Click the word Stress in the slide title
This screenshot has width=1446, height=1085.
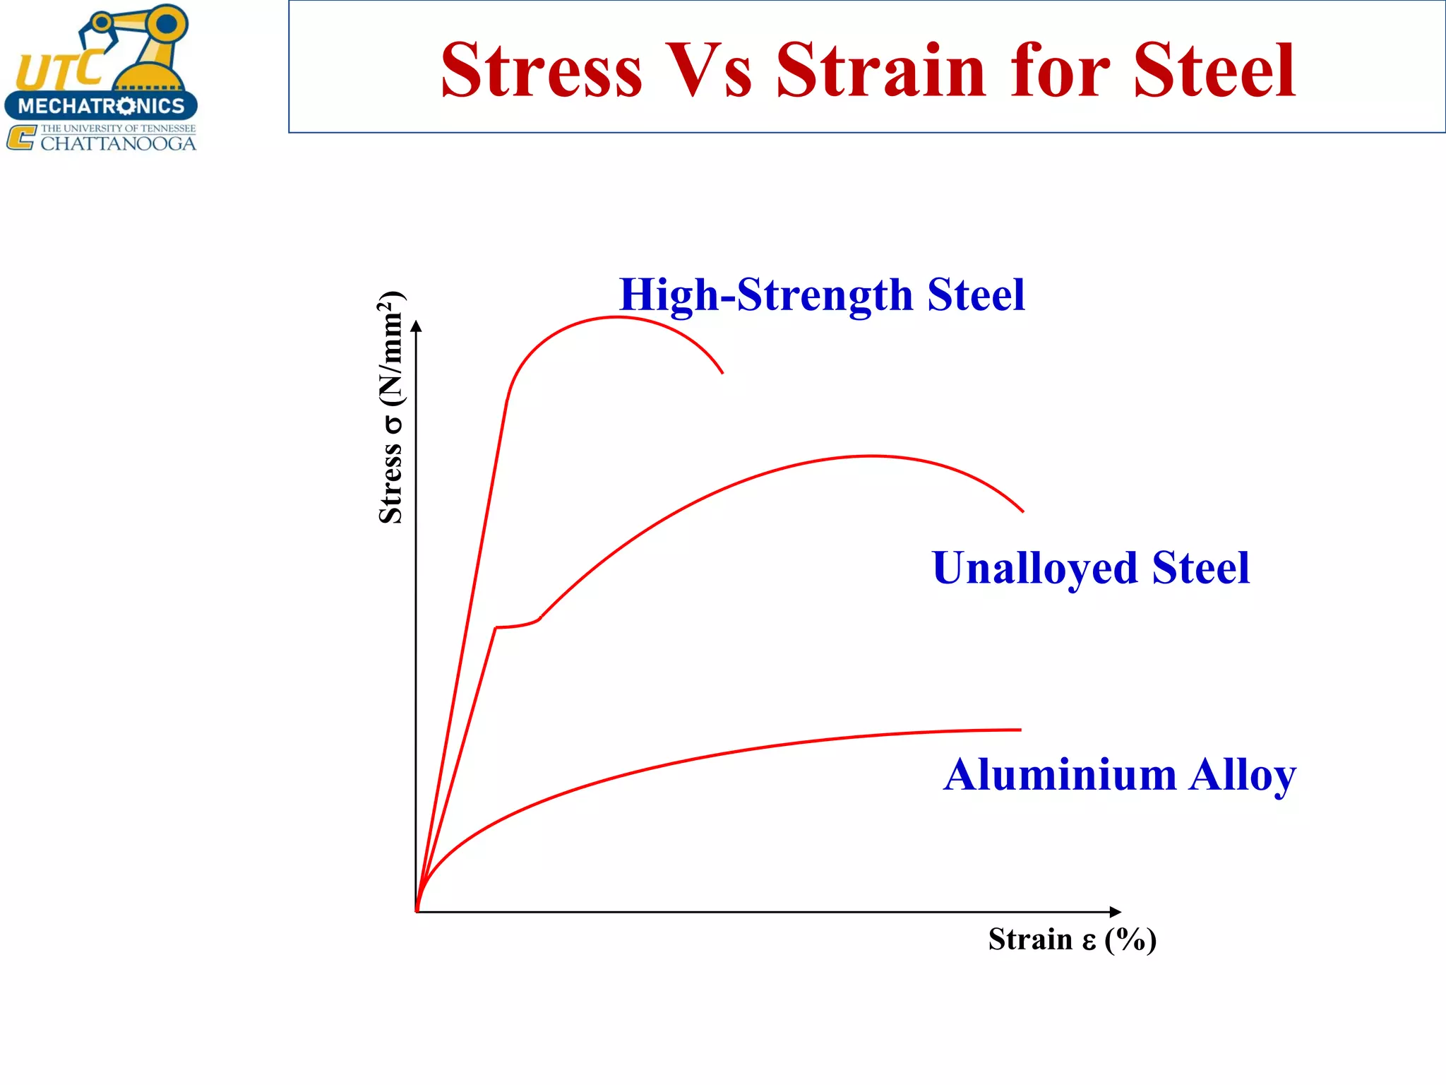click(x=542, y=70)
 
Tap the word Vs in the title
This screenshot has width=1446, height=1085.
click(x=708, y=70)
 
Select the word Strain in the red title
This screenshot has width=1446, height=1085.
click(x=880, y=70)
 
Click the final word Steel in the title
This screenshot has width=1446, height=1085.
click(x=1214, y=70)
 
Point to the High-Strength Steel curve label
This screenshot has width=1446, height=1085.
click(x=821, y=295)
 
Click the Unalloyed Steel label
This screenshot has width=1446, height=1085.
click(x=1090, y=568)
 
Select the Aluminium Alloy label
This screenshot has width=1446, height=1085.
click(x=1119, y=775)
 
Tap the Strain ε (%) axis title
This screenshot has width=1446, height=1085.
click(x=1072, y=939)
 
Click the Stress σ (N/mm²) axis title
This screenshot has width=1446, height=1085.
click(x=391, y=408)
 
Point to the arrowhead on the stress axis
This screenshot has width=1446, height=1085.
click(x=417, y=326)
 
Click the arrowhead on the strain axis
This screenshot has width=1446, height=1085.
click(x=1115, y=912)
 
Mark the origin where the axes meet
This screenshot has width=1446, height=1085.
click(x=417, y=912)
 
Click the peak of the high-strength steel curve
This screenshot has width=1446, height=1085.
click(x=616, y=317)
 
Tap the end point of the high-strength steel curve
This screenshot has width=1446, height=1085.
click(x=722, y=372)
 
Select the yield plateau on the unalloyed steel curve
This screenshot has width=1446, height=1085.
click(x=518, y=625)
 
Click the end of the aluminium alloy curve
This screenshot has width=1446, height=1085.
click(x=1020, y=730)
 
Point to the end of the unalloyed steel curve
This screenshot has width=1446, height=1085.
click(x=1022, y=511)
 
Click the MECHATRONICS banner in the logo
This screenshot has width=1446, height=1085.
click(x=101, y=106)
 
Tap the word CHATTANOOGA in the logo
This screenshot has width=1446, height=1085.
click(x=118, y=144)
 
